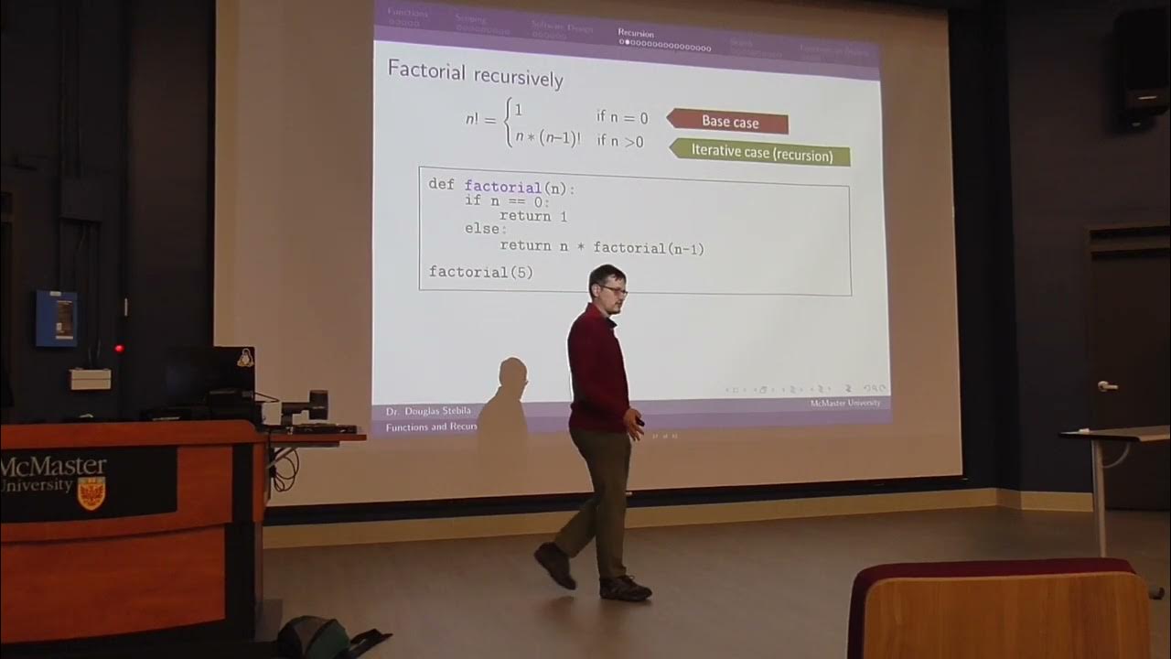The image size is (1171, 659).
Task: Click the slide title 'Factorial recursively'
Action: [x=475, y=73]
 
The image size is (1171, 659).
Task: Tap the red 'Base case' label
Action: [x=729, y=121]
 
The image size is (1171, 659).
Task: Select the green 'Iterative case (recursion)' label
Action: [x=761, y=153]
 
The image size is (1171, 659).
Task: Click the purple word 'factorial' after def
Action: [x=502, y=187]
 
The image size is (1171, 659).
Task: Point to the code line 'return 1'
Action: [x=532, y=216]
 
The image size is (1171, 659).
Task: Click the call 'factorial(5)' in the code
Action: [x=480, y=272]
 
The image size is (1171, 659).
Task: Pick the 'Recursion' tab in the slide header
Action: [x=636, y=33]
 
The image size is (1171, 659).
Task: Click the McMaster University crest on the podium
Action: [x=91, y=492]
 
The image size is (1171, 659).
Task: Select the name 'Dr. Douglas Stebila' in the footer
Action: [x=428, y=411]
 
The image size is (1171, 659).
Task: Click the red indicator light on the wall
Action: [x=119, y=348]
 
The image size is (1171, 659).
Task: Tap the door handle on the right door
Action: [x=1107, y=386]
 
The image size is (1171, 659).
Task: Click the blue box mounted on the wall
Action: [x=57, y=318]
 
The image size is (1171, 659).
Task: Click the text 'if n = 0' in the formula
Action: [x=622, y=117]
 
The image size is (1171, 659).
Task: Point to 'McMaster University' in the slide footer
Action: [x=844, y=403]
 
